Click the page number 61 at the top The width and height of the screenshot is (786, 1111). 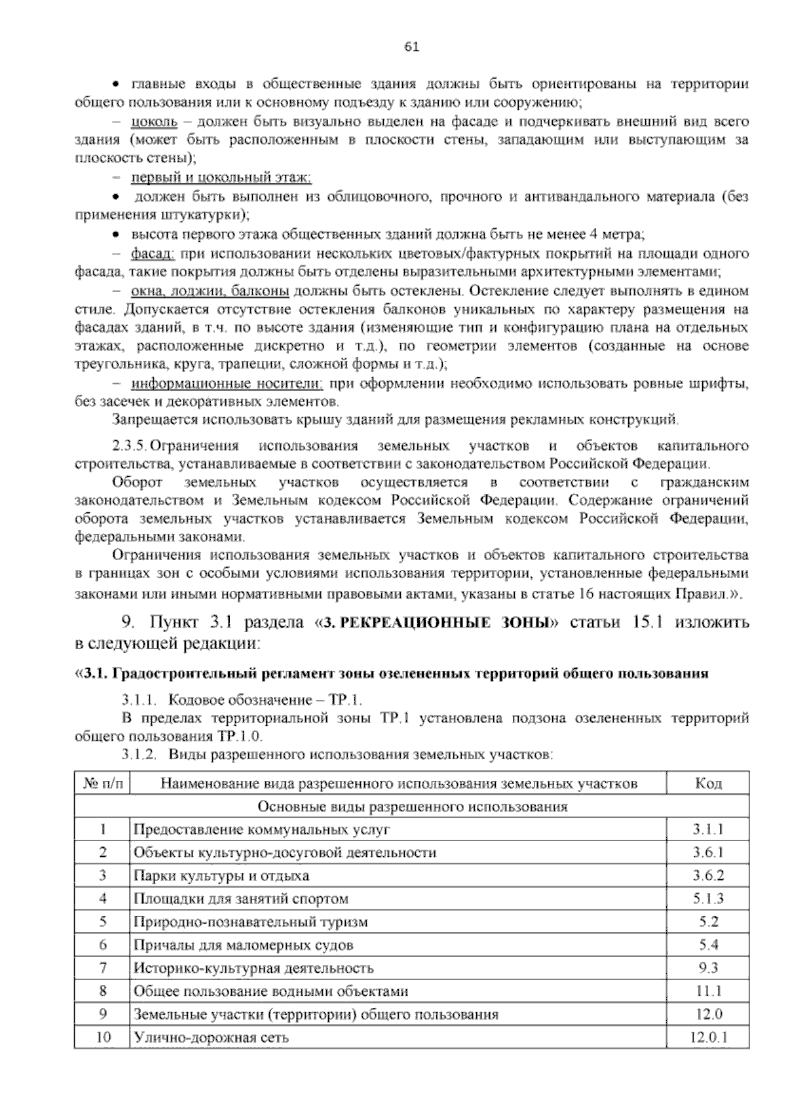coord(412,47)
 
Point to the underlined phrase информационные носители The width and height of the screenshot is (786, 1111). coord(227,383)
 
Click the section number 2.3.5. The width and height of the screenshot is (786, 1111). coord(130,446)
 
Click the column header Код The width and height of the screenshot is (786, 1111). coord(707,783)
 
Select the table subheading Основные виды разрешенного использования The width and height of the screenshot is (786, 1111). coord(413,806)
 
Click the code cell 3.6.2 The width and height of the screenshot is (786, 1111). coord(708,876)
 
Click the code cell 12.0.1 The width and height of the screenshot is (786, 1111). coord(708,1038)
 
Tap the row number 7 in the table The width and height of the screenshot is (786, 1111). coord(103,968)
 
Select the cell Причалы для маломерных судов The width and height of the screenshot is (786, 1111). coord(243,945)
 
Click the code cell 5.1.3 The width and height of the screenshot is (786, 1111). coord(708,899)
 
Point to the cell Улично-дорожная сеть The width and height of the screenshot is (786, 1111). coord(210,1038)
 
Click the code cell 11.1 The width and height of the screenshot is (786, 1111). coord(708,991)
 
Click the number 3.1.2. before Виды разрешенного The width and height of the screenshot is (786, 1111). coord(139,755)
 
